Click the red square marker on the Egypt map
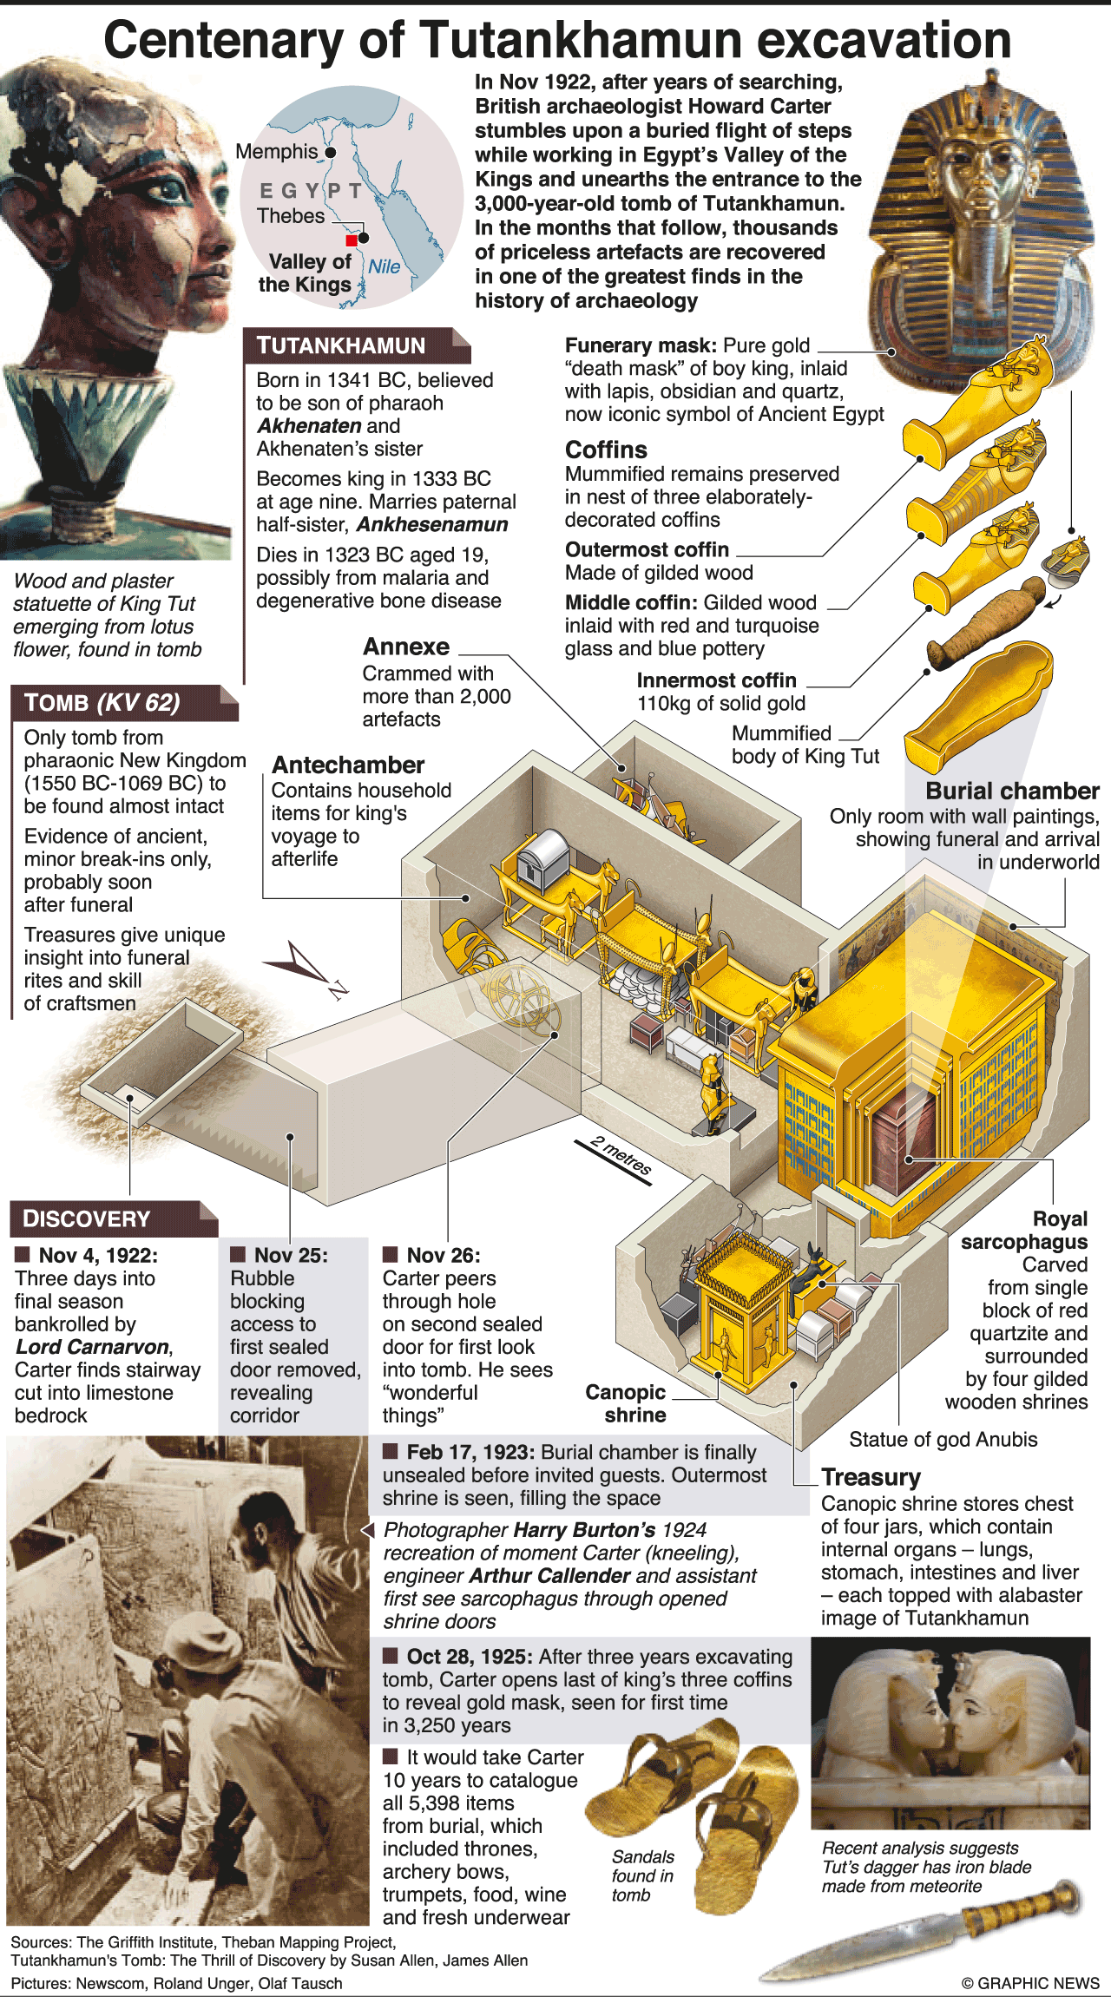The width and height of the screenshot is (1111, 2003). click(x=351, y=240)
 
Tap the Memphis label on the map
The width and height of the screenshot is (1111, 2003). click(x=277, y=152)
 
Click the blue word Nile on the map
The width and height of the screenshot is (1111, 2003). click(x=385, y=266)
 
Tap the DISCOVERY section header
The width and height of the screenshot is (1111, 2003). click(x=114, y=1218)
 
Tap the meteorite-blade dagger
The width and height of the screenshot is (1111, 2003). click(x=924, y=1932)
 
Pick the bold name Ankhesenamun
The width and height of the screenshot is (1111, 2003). click(x=432, y=525)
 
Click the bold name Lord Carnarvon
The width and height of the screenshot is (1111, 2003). click(x=93, y=1347)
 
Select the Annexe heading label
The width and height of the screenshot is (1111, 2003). click(x=406, y=647)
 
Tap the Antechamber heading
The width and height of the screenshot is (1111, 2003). click(x=348, y=765)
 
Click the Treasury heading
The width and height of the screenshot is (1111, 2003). click(x=871, y=1477)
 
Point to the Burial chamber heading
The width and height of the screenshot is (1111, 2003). click(x=1013, y=791)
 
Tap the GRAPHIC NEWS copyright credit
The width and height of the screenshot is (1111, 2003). click(x=1030, y=1983)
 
